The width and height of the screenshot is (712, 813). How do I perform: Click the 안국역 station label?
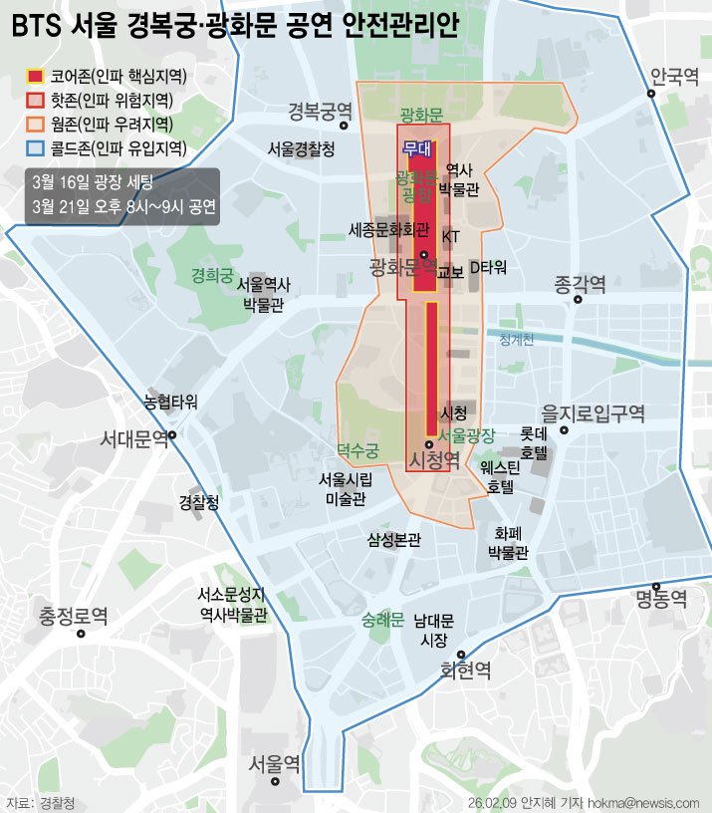(674, 77)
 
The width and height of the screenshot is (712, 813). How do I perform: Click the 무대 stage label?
(416, 148)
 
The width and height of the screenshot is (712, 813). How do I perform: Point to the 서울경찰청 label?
(301, 148)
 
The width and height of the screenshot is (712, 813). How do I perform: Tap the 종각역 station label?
(581, 285)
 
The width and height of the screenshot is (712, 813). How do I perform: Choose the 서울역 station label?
(274, 764)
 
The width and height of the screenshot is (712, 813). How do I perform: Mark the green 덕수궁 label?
(358, 450)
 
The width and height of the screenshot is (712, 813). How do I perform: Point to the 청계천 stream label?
(517, 340)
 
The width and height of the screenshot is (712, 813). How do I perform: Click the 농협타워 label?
(170, 403)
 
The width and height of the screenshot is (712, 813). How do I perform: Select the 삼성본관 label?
(394, 540)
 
